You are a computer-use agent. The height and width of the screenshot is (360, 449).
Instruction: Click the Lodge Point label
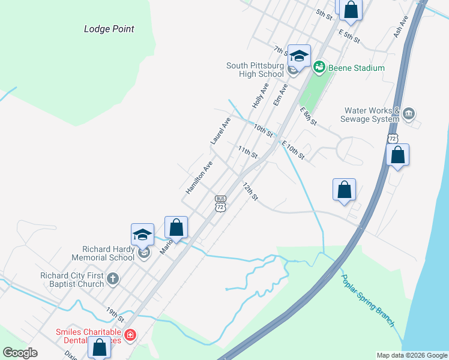(x=109, y=29)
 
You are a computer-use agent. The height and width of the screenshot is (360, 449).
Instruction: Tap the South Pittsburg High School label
(x=255, y=70)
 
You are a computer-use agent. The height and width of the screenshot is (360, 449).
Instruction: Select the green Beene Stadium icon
(x=319, y=67)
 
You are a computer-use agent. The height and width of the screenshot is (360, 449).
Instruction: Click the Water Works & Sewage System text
(x=372, y=115)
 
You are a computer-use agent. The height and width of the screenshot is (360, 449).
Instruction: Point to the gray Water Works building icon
(x=409, y=114)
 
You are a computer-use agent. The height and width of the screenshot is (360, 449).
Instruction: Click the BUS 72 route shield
(x=220, y=203)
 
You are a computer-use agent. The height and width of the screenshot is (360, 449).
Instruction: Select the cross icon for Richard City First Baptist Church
(x=112, y=278)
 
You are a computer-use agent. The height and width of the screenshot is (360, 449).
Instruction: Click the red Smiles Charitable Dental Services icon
(x=130, y=335)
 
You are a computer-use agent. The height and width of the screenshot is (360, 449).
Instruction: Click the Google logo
(x=20, y=353)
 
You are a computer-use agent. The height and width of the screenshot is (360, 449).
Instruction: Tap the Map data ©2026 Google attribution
(x=411, y=355)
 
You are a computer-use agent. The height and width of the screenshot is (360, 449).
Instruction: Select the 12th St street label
(x=250, y=192)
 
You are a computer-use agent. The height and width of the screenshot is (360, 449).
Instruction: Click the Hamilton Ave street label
(x=199, y=177)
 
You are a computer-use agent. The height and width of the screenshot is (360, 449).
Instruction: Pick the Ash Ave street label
(x=401, y=27)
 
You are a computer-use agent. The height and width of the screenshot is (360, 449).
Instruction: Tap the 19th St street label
(x=115, y=314)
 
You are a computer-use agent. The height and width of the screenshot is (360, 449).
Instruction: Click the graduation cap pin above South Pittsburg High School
(x=299, y=56)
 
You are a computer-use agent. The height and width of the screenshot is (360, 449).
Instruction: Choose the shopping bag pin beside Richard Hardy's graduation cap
(x=176, y=227)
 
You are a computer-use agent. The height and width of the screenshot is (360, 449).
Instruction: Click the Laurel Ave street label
(x=220, y=130)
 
